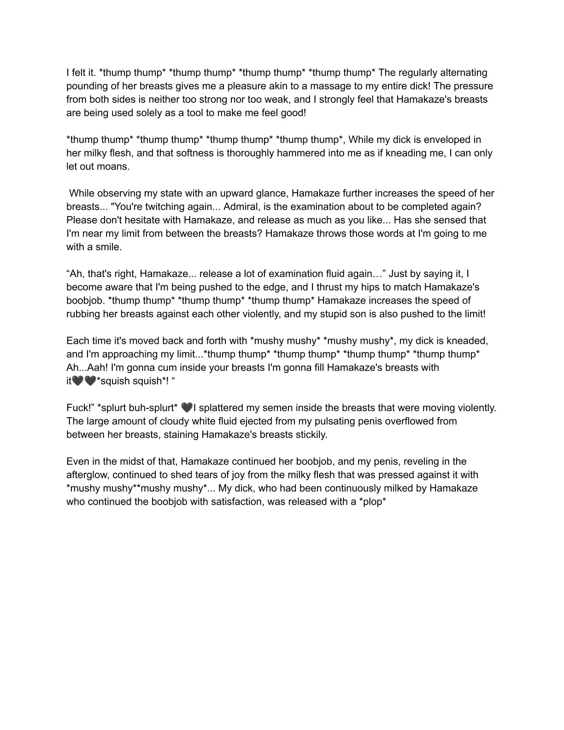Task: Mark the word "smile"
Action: point(109,247)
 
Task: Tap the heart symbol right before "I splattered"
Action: point(187,408)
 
